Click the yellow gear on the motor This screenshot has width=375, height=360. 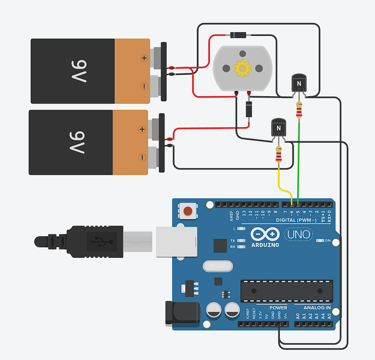point(242,68)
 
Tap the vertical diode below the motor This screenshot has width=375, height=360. point(248,110)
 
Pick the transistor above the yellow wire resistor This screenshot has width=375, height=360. point(278,127)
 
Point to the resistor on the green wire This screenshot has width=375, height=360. point(300,110)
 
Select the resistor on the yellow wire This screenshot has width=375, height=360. point(278,155)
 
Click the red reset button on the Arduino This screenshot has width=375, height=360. point(188,211)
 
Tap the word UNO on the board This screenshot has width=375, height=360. point(300,235)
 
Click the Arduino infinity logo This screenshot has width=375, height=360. point(265,235)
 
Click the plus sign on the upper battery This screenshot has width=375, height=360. point(144,58)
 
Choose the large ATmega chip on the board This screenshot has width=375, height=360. point(286,291)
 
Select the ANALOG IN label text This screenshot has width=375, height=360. point(317,308)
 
